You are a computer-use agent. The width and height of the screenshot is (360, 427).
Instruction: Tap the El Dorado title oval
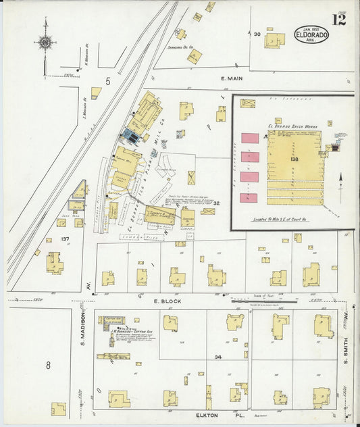311,34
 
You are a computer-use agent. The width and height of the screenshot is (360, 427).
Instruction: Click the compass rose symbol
45,45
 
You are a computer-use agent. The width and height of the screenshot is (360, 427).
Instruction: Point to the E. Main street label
231,79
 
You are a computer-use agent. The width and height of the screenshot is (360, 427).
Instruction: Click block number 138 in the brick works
294,158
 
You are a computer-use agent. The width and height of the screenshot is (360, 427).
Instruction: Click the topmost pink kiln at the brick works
250,138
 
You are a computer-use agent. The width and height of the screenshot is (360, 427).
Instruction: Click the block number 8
49,366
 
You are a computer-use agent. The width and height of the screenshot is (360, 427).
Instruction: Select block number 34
217,356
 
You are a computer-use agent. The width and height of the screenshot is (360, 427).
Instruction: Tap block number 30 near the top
257,34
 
